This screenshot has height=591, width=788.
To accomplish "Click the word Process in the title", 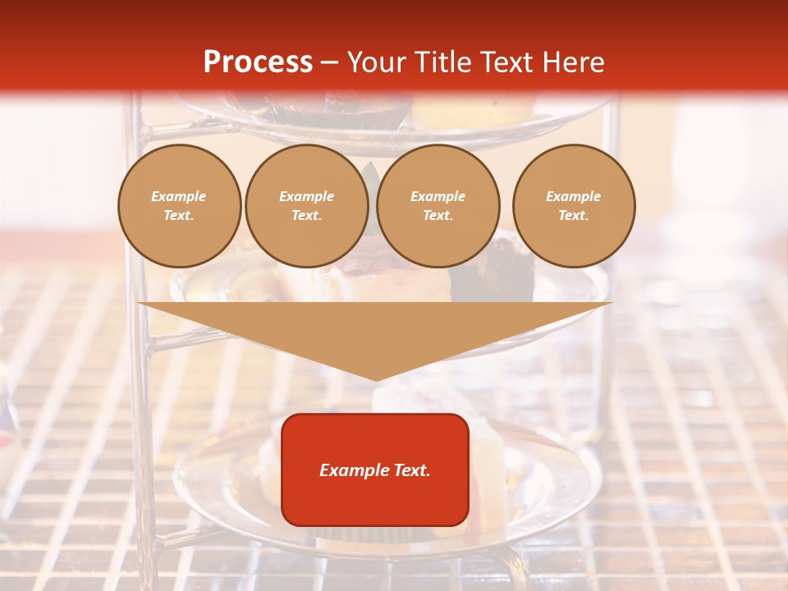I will pyautogui.click(x=258, y=62).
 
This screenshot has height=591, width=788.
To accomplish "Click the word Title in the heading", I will pyautogui.click(x=441, y=62).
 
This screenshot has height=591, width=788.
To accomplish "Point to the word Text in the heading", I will pyautogui.click(x=506, y=62).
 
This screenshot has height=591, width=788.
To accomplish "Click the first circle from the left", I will pyautogui.click(x=180, y=206).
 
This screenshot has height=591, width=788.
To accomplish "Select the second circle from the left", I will pyautogui.click(x=307, y=206).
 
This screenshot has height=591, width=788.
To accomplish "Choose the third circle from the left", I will pyautogui.click(x=438, y=206).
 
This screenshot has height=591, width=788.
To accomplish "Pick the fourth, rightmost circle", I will pyautogui.click(x=574, y=206).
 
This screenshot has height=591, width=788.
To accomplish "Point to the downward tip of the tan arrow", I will pyautogui.click(x=376, y=379).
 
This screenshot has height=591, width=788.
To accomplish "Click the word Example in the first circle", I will pyautogui.click(x=179, y=196).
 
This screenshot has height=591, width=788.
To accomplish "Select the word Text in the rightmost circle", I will pyautogui.click(x=573, y=216).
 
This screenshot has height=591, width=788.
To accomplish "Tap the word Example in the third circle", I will pyautogui.click(x=438, y=196).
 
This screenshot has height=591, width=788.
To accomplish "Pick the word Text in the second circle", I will pyautogui.click(x=306, y=216).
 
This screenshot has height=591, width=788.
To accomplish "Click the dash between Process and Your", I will pyautogui.click(x=330, y=62).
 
